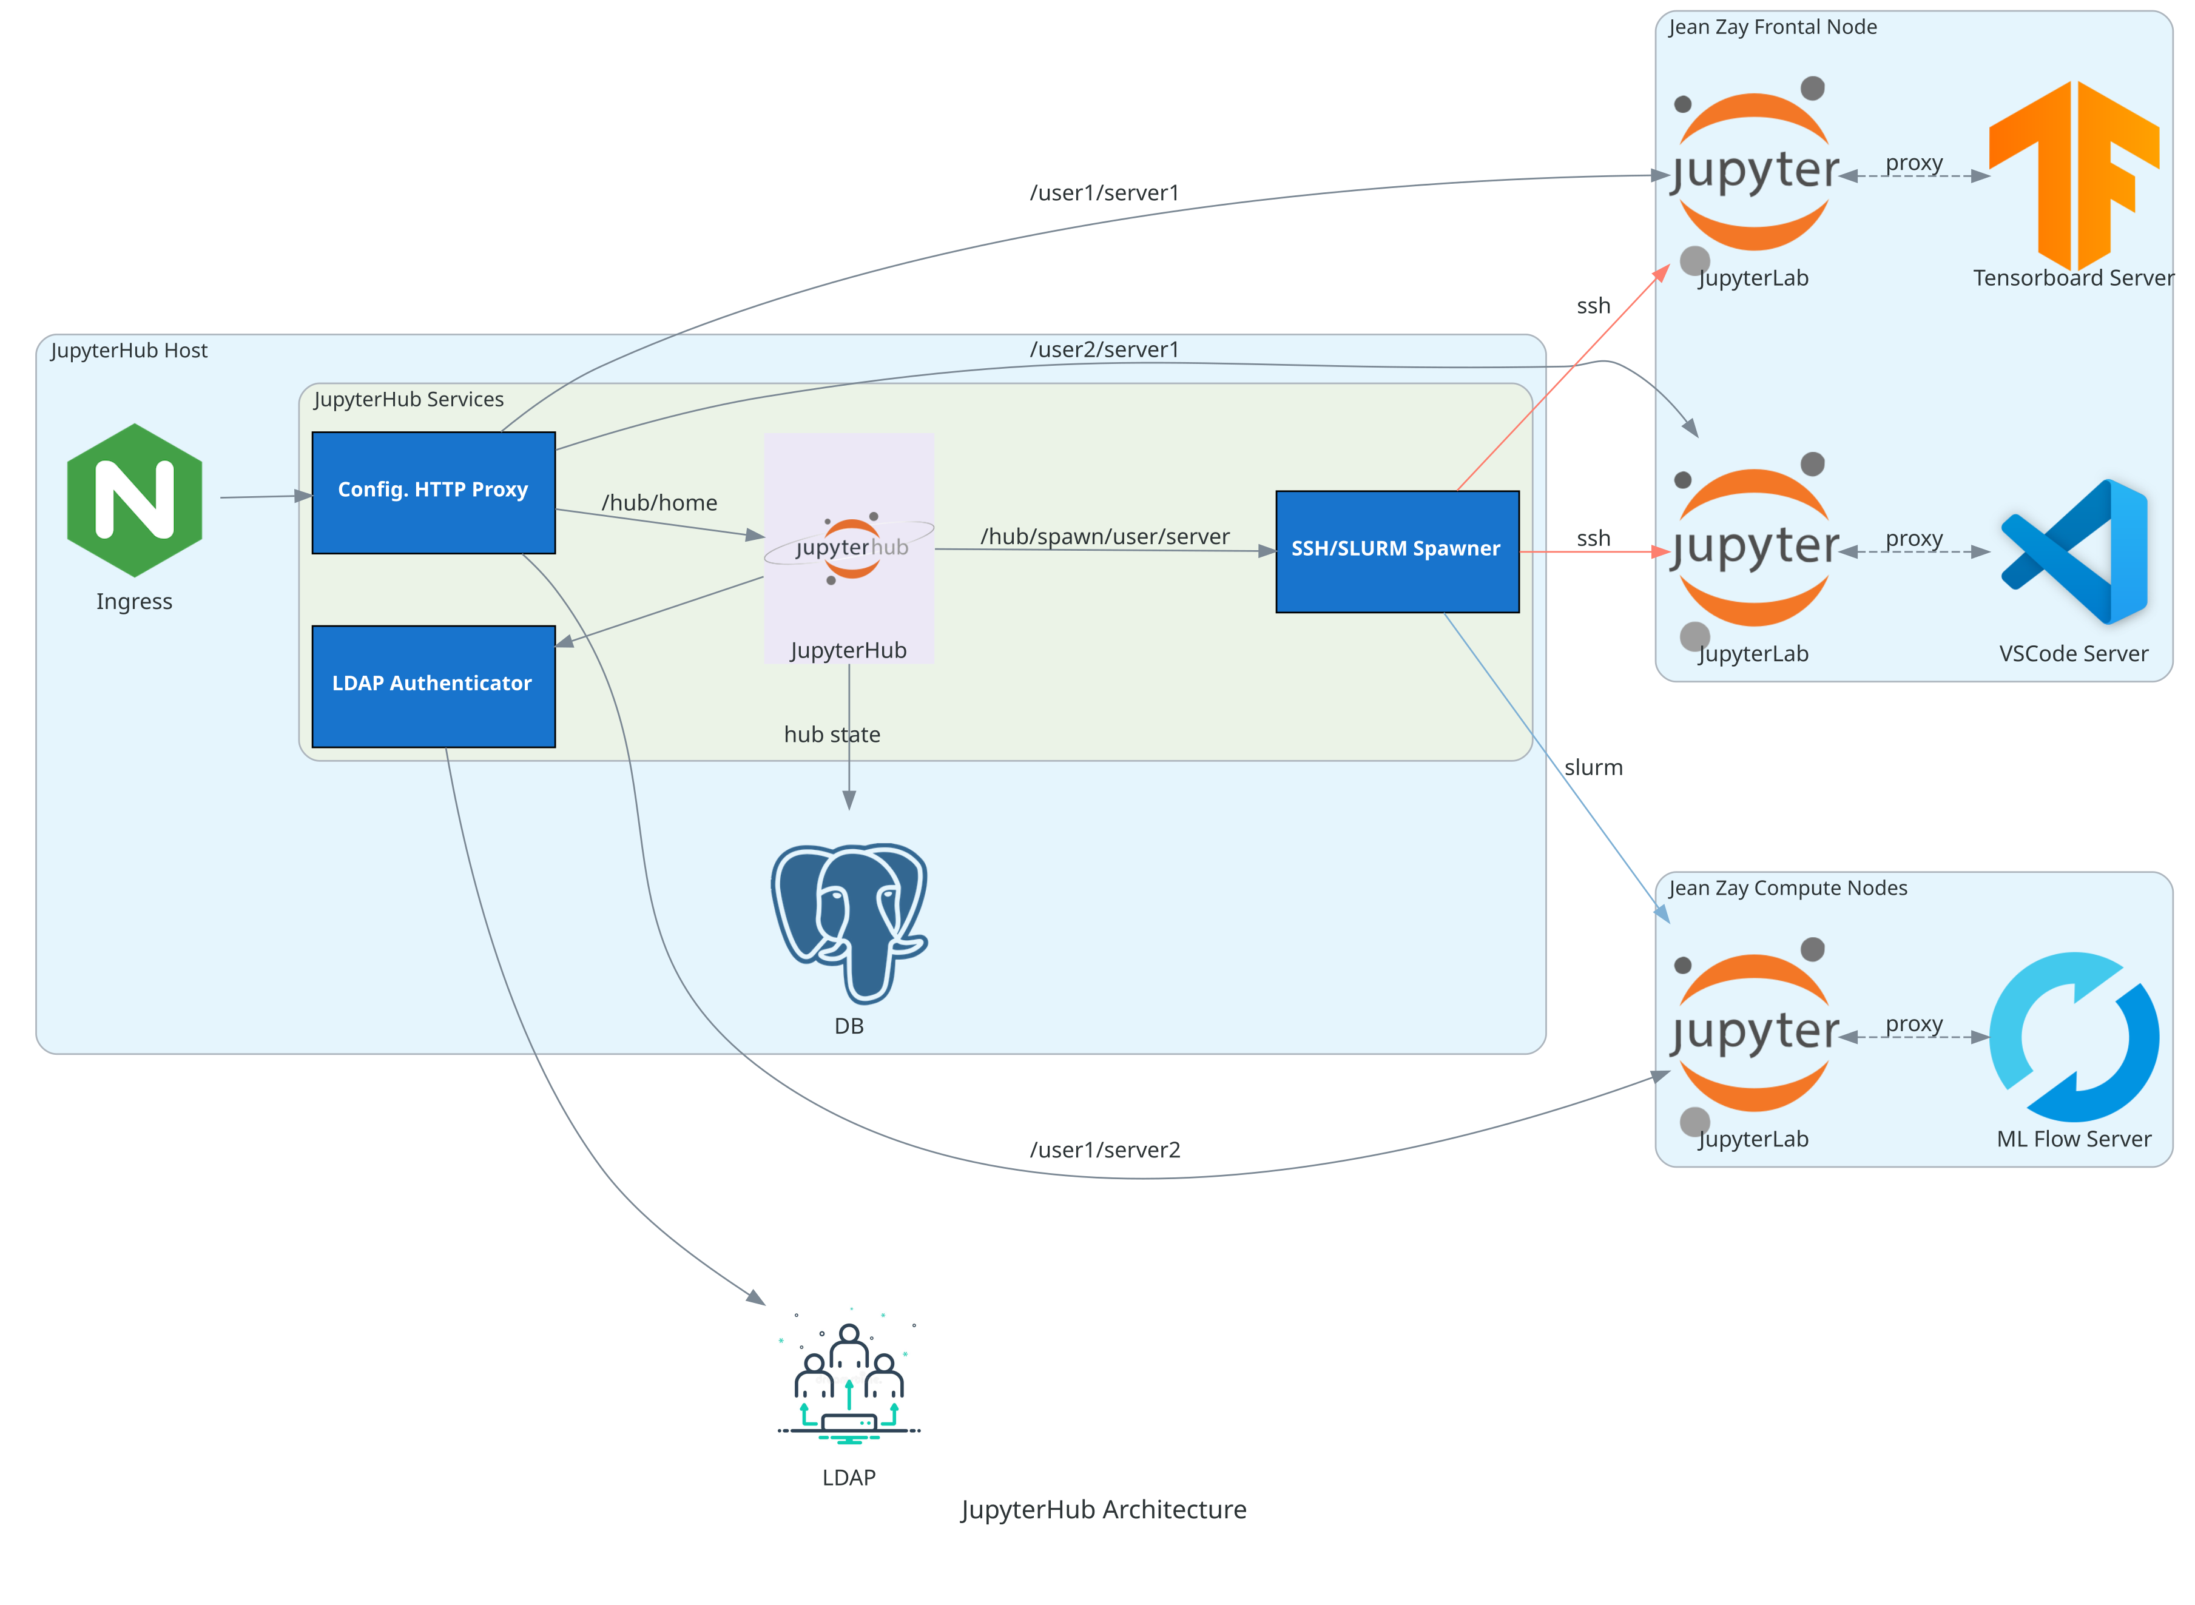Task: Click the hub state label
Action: [832, 735]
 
